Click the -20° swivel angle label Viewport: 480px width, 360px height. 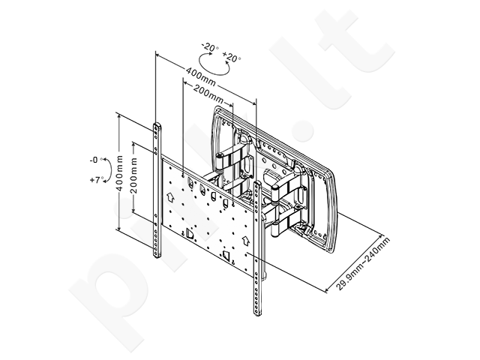[210, 47]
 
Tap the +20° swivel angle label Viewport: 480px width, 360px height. [232, 57]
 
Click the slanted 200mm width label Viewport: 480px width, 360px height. [208, 94]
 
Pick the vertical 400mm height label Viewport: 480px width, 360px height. [119, 173]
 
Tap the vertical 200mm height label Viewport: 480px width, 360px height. [133, 175]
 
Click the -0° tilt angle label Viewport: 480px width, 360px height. [95, 160]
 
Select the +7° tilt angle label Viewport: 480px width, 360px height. [97, 180]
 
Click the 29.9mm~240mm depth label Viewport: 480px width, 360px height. [363, 263]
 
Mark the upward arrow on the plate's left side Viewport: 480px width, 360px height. [170, 196]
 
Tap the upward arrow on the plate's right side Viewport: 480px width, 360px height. [245, 240]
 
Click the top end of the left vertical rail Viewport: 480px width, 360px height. [157, 124]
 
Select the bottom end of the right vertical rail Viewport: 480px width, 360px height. [257, 314]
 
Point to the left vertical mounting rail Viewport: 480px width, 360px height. [157, 190]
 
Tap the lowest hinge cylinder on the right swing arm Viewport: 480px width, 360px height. [276, 229]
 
